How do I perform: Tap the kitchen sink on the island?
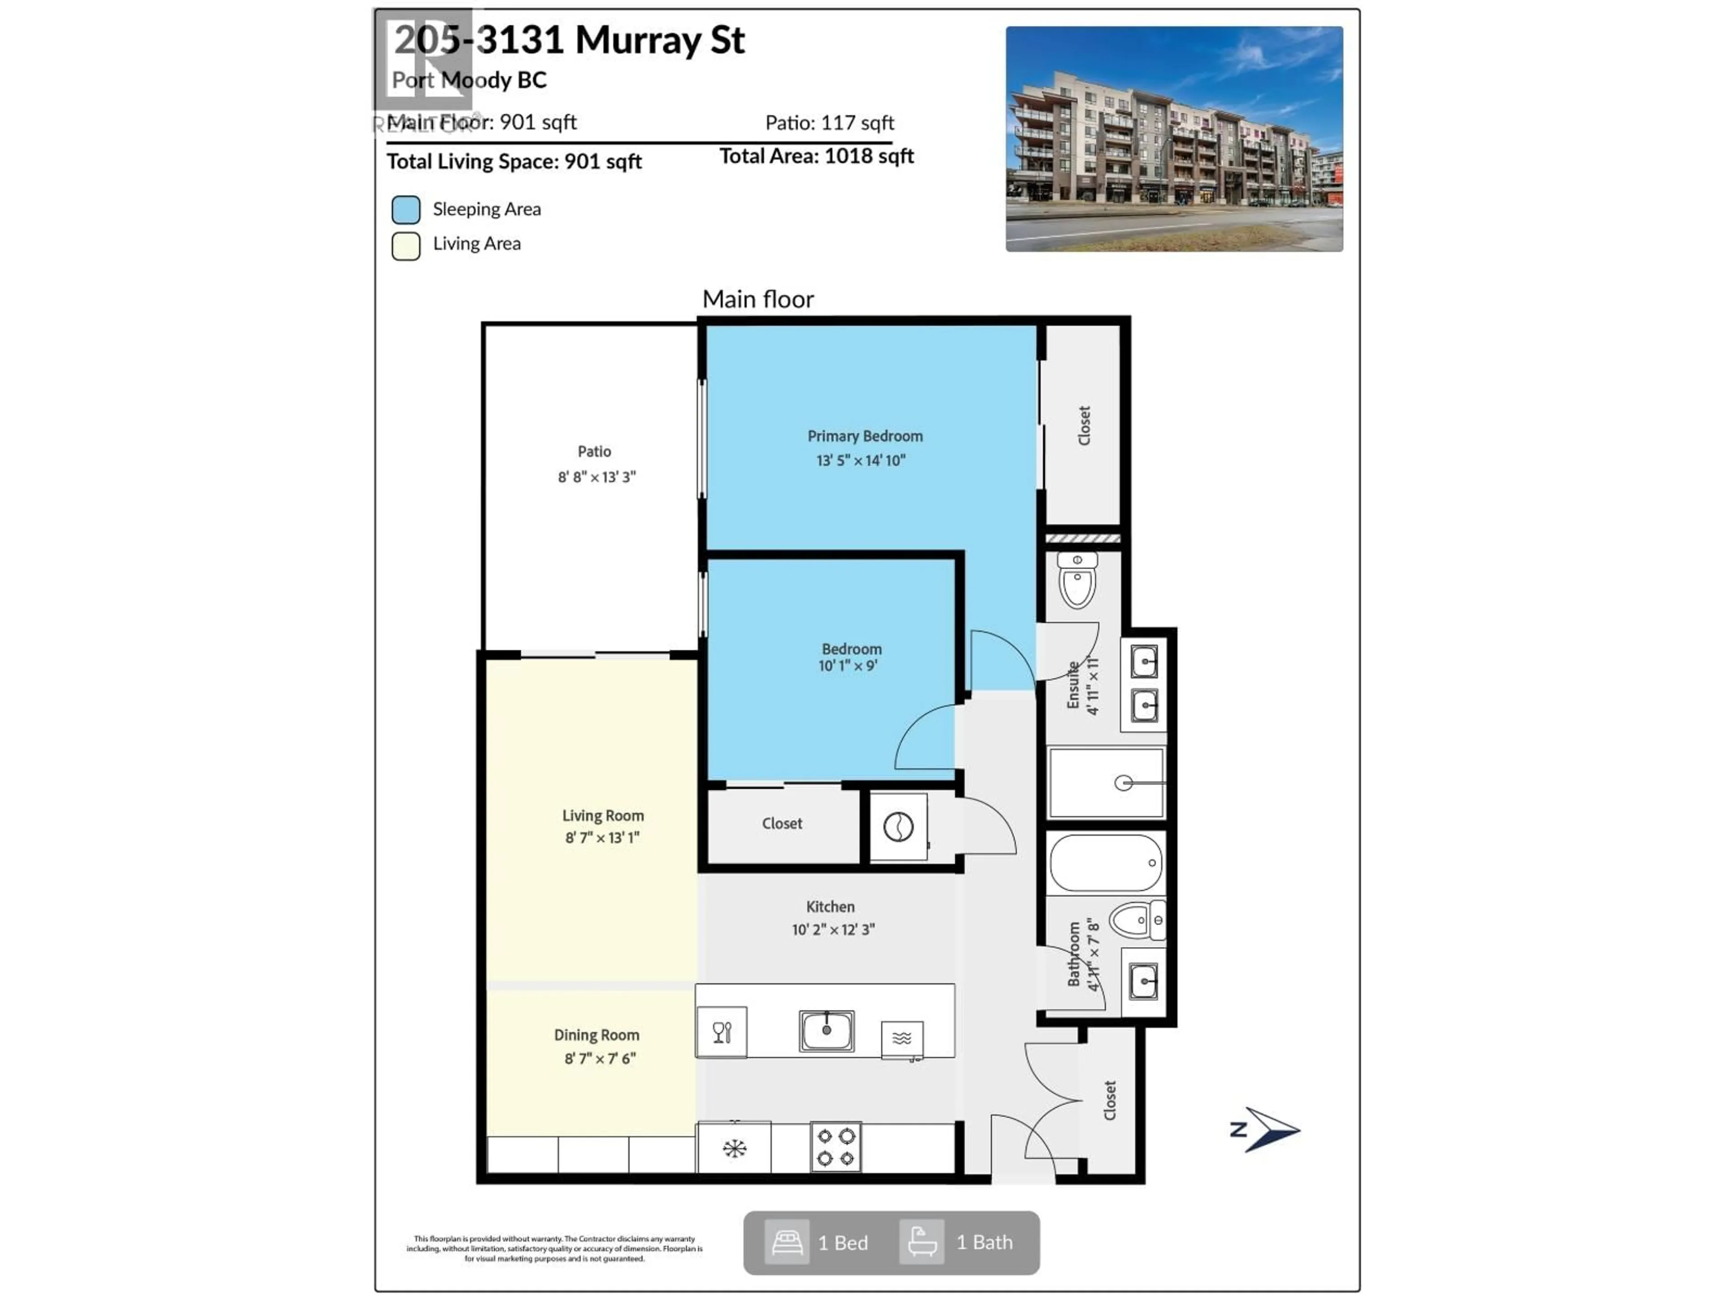(x=826, y=1030)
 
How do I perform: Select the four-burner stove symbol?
(x=836, y=1147)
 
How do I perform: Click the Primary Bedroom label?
(x=865, y=436)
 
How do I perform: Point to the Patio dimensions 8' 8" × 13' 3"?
(x=596, y=477)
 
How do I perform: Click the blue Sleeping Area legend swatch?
(x=406, y=210)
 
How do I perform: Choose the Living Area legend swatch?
(x=406, y=245)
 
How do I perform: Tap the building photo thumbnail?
(x=1174, y=139)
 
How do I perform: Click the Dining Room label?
(x=596, y=1035)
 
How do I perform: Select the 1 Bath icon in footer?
(x=921, y=1242)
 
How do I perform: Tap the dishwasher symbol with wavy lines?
(x=902, y=1039)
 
